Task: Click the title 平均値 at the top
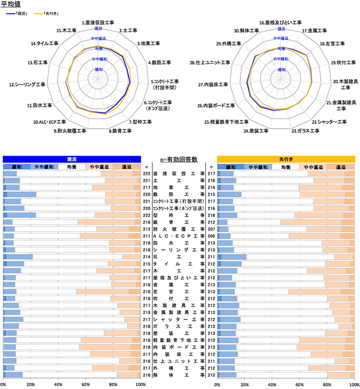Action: pyautogui.click(x=11, y=4)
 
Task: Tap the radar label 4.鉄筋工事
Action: pyautogui.click(x=161, y=62)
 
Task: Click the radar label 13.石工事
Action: pyautogui.click(x=37, y=62)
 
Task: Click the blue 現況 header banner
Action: pyautogui.click(x=72, y=159)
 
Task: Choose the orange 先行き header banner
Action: pyautogui.click(x=286, y=159)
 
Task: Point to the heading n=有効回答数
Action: pyautogui.click(x=179, y=159)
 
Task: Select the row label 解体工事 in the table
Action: pyautogui.click(x=179, y=375)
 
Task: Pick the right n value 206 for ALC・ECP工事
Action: pyautogui.click(x=211, y=236)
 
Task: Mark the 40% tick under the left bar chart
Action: pyautogui.click(x=58, y=385)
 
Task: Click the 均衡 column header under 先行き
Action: pyautogui.click(x=286, y=167)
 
